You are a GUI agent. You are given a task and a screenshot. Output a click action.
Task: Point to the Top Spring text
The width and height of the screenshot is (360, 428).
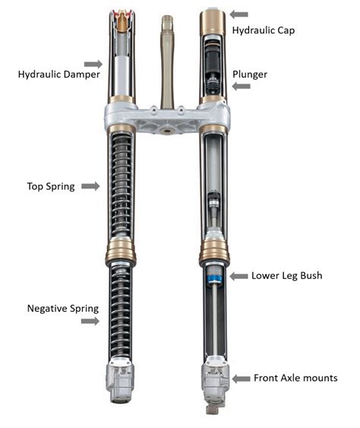(51, 186)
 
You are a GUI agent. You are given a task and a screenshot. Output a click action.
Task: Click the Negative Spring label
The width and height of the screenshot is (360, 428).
(62, 308)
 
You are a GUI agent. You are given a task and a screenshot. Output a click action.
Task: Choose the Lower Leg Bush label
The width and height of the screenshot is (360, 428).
(286, 275)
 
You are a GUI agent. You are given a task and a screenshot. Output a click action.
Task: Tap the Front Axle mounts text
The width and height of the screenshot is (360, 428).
(296, 378)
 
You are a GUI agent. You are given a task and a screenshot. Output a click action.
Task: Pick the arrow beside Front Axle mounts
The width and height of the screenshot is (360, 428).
(242, 378)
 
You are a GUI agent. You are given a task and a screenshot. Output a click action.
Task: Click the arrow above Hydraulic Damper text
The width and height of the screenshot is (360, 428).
(93, 64)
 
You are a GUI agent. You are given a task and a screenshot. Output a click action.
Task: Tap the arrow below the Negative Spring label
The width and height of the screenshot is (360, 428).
(90, 321)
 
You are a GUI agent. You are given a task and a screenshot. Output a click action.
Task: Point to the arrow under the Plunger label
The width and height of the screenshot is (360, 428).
(240, 86)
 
